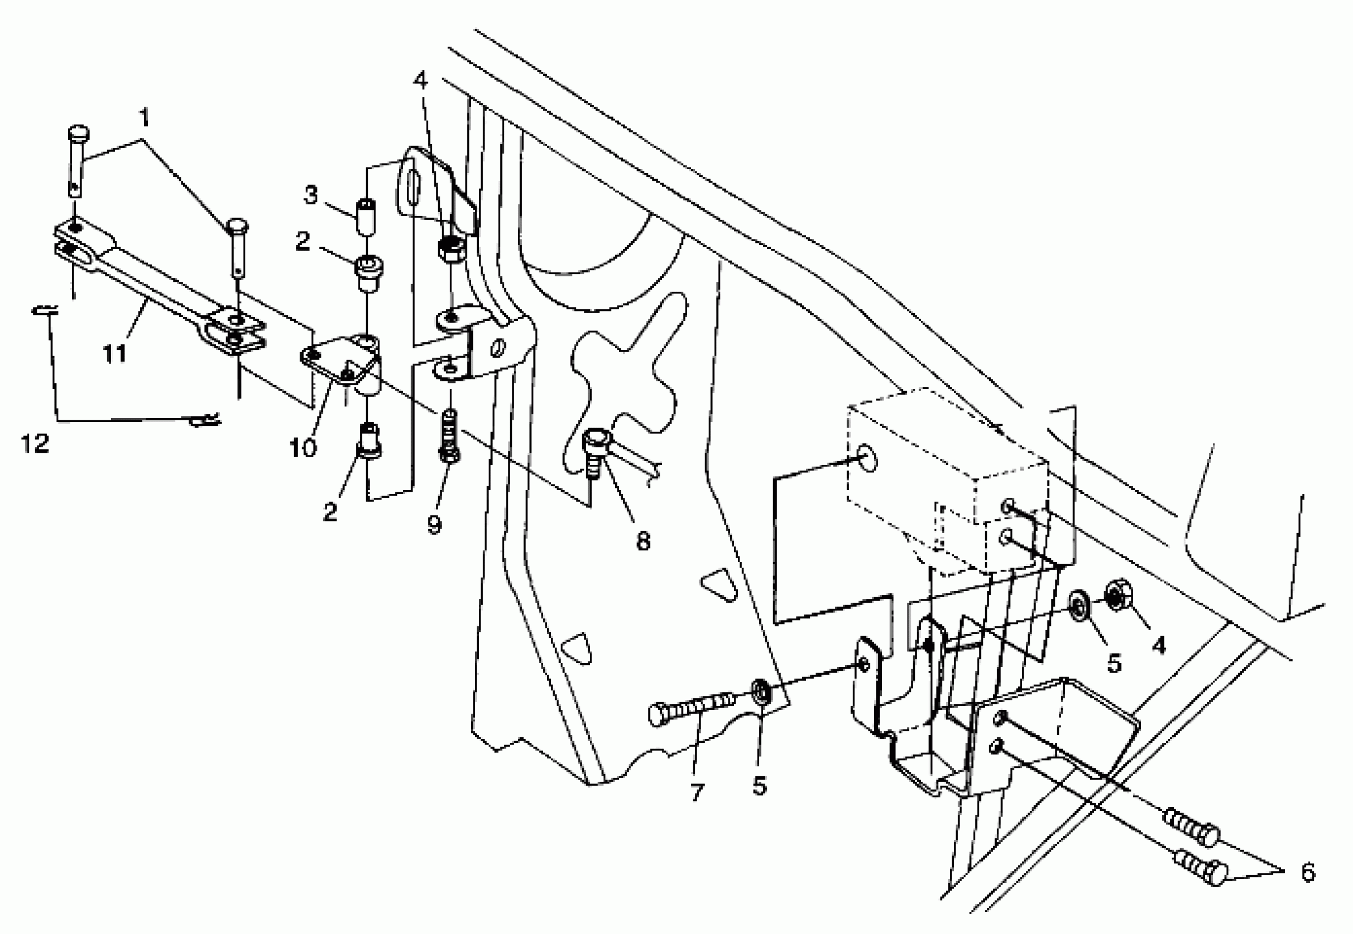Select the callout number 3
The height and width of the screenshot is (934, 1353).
(x=310, y=195)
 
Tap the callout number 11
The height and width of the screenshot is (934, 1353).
(x=115, y=353)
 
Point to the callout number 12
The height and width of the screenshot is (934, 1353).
(x=35, y=443)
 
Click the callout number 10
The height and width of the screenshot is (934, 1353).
(x=303, y=448)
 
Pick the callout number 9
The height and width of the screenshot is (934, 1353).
(x=434, y=524)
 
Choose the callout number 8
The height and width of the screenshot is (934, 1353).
(x=643, y=541)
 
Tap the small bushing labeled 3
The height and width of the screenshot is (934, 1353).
(x=366, y=216)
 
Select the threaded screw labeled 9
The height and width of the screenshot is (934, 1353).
(x=449, y=436)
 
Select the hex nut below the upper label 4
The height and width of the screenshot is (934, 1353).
(x=451, y=249)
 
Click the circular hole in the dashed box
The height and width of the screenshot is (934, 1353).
(x=868, y=459)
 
